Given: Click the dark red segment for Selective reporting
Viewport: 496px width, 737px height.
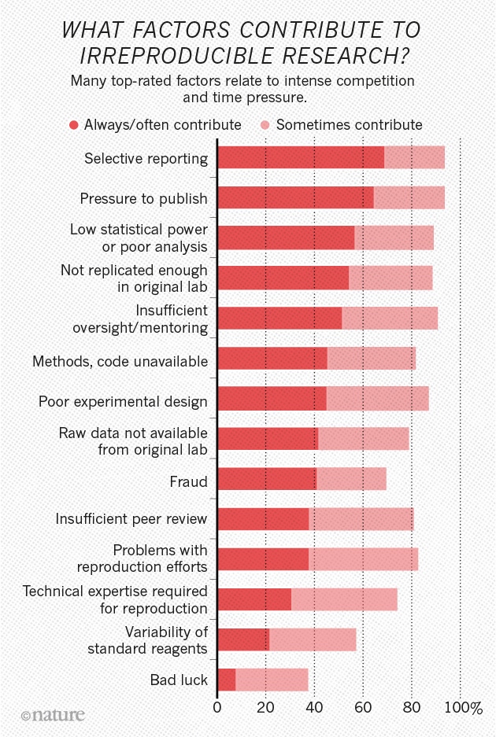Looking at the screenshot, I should tap(300, 157).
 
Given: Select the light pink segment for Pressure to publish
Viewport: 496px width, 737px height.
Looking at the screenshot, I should tap(409, 197).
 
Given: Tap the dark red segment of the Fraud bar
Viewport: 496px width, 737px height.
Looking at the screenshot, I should tap(266, 479).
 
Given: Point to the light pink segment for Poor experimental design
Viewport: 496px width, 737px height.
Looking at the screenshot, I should tap(377, 399).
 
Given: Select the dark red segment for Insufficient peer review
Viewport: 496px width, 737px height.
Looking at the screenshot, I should tap(262, 519).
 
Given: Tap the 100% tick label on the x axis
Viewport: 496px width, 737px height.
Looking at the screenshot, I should tap(464, 708).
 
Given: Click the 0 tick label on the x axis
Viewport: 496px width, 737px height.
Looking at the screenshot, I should tap(217, 708).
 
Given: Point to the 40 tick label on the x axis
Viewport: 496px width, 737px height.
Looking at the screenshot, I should tap(314, 708).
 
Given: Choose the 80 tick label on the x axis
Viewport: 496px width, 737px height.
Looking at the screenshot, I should tap(411, 708).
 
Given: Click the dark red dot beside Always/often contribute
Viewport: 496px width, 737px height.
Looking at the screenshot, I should tap(74, 124).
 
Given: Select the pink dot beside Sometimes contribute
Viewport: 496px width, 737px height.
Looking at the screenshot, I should tap(265, 124).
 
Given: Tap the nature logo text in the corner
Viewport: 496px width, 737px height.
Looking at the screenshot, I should tap(57, 714).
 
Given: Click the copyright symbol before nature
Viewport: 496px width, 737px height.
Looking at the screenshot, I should tap(25, 716).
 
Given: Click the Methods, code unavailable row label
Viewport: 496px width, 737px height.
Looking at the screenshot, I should tap(120, 362).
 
